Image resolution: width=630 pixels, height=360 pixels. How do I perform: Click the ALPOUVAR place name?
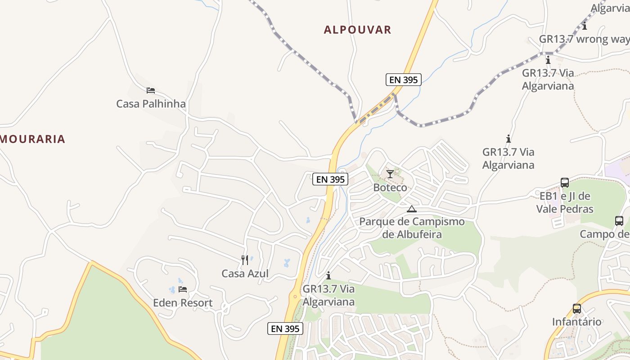coord(357,30)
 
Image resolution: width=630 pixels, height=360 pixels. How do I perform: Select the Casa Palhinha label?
coord(151,104)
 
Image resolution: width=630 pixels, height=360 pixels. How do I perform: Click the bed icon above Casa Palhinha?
coord(151,90)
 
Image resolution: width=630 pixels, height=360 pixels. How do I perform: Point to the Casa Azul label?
coord(245,274)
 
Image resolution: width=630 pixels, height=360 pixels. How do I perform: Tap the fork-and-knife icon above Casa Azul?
coord(245,260)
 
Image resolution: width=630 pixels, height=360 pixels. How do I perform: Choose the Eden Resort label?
coord(183,303)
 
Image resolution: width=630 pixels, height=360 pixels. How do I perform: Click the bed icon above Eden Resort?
coord(183,289)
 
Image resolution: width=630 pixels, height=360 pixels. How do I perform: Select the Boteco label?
coord(390,188)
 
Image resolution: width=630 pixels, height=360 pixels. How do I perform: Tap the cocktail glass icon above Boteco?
coord(390,174)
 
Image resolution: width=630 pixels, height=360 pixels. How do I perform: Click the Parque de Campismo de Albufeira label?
coord(412,228)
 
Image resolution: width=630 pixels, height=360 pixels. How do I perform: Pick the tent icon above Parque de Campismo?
coord(412,209)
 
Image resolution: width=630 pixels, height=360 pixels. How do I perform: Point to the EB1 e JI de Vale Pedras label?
coord(565,202)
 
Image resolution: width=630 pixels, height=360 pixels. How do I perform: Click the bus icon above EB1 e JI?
coord(565,183)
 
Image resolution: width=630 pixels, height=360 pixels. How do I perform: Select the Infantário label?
coord(577,322)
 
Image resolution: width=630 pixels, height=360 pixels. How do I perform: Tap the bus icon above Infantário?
coord(577,309)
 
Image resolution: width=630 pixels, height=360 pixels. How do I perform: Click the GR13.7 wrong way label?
coord(584,39)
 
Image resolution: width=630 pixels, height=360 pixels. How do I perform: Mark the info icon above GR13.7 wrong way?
coord(585,26)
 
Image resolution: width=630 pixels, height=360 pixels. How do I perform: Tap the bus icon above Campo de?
coord(619,221)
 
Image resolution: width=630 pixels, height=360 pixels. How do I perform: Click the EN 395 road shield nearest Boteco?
coord(331,179)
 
